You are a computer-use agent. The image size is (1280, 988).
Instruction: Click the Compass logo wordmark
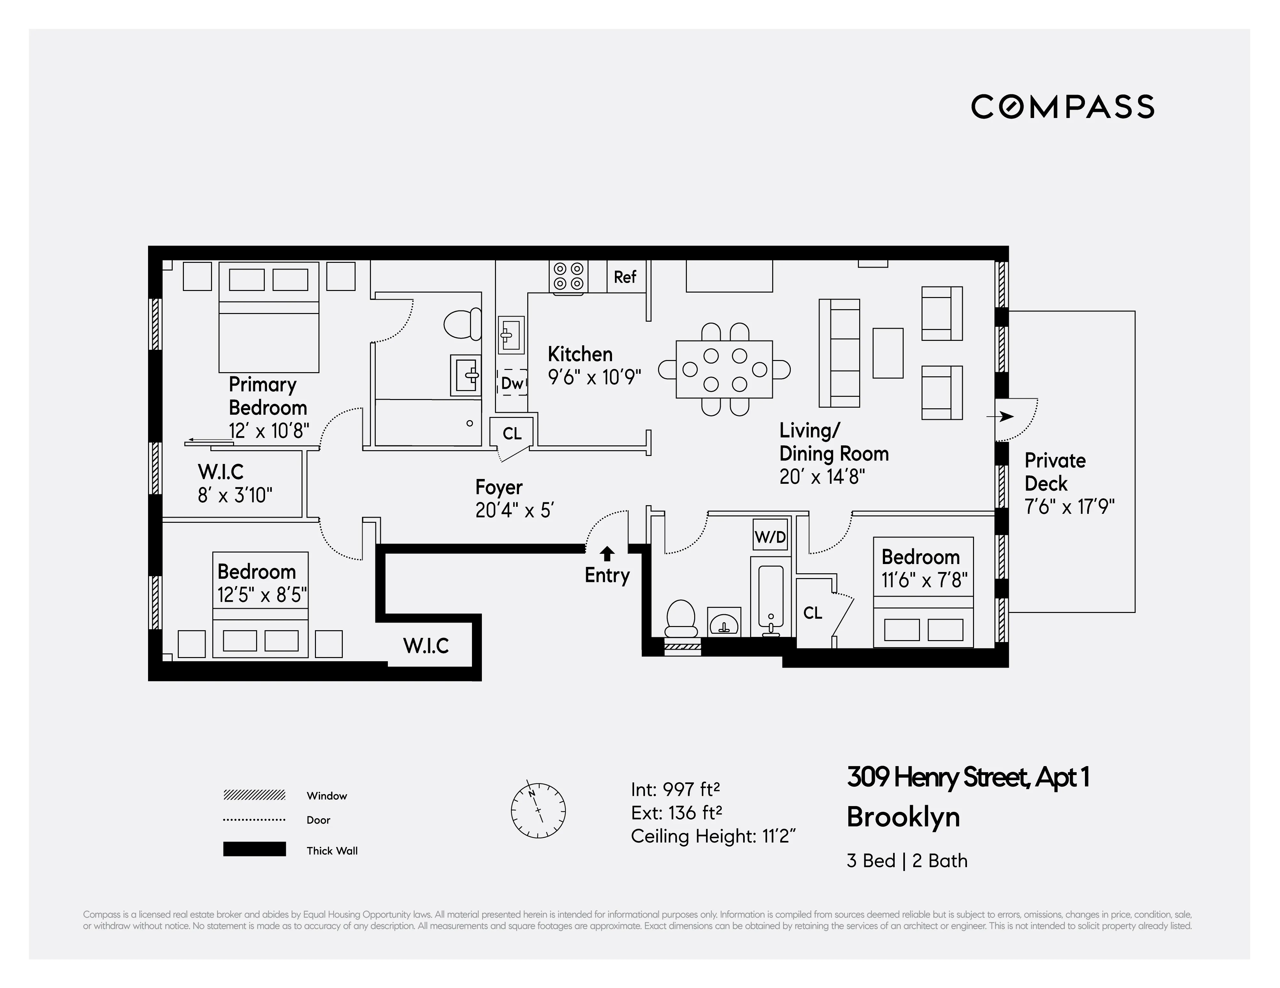click(x=1062, y=107)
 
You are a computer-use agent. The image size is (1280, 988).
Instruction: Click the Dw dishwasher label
click(x=512, y=383)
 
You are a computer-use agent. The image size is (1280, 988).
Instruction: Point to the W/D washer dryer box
click(x=770, y=536)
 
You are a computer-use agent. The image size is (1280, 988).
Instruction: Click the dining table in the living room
click(x=724, y=370)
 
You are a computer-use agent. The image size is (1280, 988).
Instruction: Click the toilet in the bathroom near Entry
click(x=681, y=619)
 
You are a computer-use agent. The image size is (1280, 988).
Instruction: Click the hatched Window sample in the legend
click(x=254, y=795)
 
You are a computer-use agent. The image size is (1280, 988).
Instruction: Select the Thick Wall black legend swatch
click(x=254, y=849)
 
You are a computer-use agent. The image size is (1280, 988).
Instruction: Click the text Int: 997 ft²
click(x=675, y=789)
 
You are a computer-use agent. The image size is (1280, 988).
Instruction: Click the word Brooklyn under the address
click(x=903, y=817)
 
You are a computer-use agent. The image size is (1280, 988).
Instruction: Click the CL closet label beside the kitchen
click(x=512, y=434)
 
